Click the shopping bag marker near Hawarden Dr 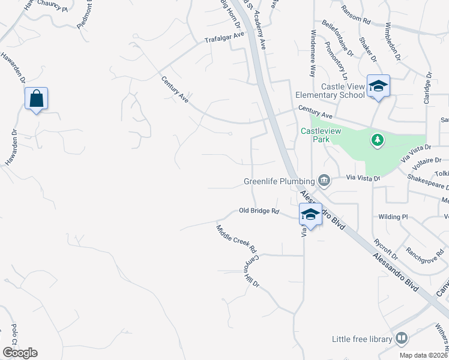tap(36, 98)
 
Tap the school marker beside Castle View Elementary tap(379, 86)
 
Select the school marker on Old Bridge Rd tap(310, 214)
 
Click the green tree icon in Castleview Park tap(377, 140)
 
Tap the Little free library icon tap(400, 339)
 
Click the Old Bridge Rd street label tap(259, 211)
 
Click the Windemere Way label tap(312, 53)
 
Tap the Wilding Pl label tap(393, 216)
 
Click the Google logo tap(20, 353)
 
